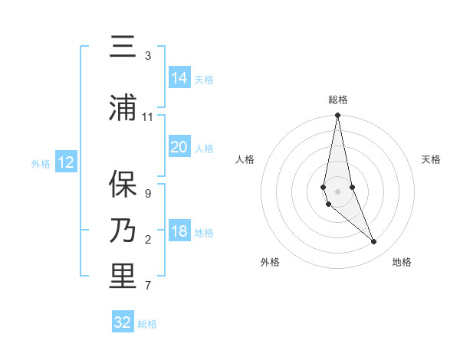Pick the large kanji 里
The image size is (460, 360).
pyautogui.click(x=123, y=277)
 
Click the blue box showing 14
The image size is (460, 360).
pyautogui.click(x=179, y=77)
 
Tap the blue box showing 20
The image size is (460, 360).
pyautogui.click(x=179, y=147)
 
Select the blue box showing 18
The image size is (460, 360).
pyautogui.click(x=179, y=232)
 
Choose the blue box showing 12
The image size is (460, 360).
pyautogui.click(x=66, y=162)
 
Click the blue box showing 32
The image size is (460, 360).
pyautogui.click(x=123, y=322)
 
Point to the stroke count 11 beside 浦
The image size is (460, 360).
pyautogui.click(x=148, y=117)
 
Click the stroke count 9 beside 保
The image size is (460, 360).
pyautogui.click(x=148, y=193)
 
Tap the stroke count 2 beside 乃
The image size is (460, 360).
pyautogui.click(x=148, y=240)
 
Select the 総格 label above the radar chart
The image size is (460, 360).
pyautogui.click(x=338, y=100)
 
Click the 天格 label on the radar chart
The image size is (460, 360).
pyautogui.click(x=432, y=159)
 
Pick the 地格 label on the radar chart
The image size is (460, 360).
pyautogui.click(x=402, y=262)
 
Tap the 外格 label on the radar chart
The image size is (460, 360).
pyautogui.click(x=270, y=262)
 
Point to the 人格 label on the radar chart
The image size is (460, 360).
pyautogui.click(x=245, y=159)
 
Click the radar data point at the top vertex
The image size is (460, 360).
pyautogui.click(x=337, y=116)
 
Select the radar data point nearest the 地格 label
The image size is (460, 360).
pyautogui.click(x=374, y=242)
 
